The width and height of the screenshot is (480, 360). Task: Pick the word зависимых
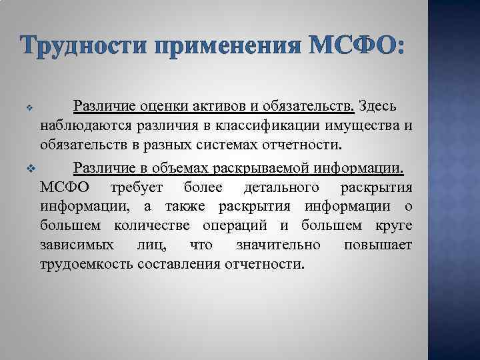point(75,245)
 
